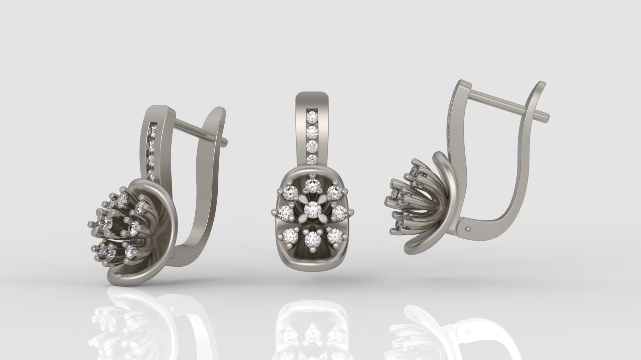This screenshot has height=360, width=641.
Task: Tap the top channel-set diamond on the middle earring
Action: [x=312, y=116]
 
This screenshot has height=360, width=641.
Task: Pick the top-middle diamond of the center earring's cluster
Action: [x=312, y=184]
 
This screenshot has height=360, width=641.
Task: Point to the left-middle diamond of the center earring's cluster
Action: [x=286, y=211]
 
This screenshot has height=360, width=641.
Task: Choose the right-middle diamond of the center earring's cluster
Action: [x=340, y=211]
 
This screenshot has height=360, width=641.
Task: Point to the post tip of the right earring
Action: [x=547, y=116]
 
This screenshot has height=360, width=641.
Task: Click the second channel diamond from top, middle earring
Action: [x=312, y=131]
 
